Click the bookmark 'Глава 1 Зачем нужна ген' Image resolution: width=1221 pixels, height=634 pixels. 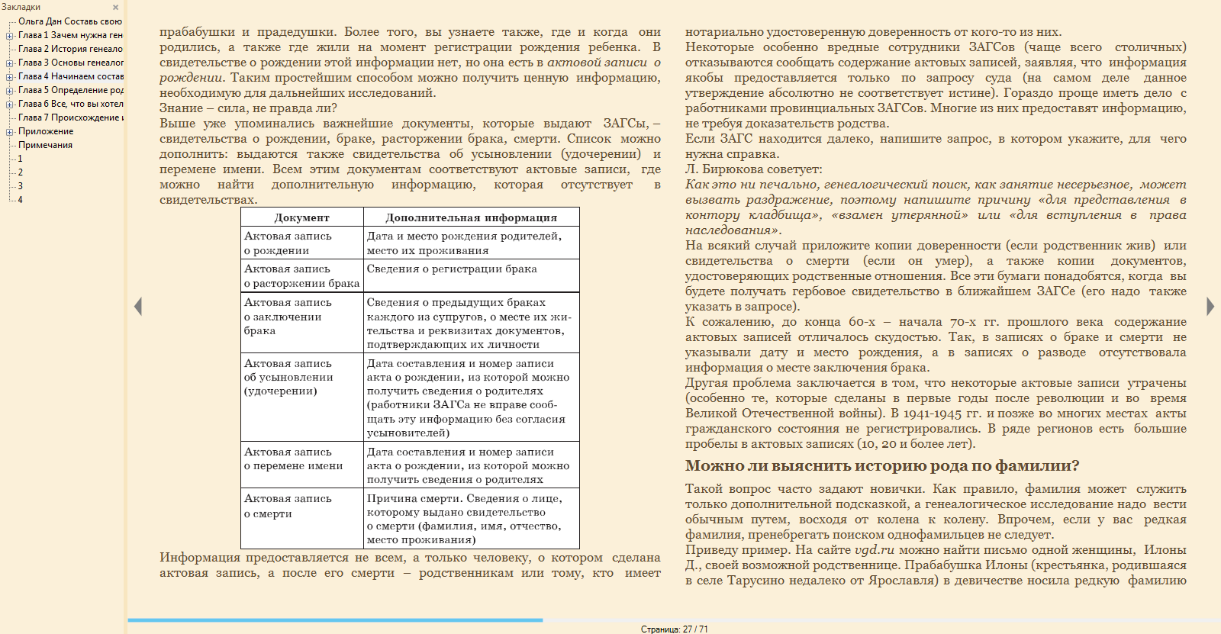[x=70, y=35]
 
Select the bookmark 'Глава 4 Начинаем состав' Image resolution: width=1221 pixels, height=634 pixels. [x=70, y=76]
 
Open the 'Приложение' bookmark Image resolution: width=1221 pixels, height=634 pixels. [x=46, y=131]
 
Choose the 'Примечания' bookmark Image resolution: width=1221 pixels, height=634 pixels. [x=45, y=145]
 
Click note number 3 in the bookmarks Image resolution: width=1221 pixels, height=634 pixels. [x=21, y=186]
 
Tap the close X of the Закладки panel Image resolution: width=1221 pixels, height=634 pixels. [x=116, y=8]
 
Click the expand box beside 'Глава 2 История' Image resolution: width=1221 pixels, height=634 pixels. [x=10, y=49]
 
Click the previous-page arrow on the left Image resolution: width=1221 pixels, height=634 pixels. [x=138, y=306]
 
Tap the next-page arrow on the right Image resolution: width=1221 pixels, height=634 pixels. [x=1210, y=306]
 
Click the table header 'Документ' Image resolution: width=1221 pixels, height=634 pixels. [x=301, y=217]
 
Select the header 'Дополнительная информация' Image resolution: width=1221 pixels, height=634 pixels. [x=471, y=217]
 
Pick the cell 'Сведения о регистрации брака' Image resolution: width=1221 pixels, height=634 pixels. [x=452, y=269]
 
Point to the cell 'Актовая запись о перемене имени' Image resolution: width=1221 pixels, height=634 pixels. [x=293, y=459]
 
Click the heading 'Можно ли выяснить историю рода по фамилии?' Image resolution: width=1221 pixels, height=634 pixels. [x=882, y=466]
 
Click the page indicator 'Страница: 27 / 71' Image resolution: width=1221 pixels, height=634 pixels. [x=674, y=629]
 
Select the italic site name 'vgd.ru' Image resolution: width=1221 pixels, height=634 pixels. [x=874, y=550]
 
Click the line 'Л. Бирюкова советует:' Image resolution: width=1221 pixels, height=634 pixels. [x=753, y=169]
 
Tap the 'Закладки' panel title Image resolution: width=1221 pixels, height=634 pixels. [x=21, y=7]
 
